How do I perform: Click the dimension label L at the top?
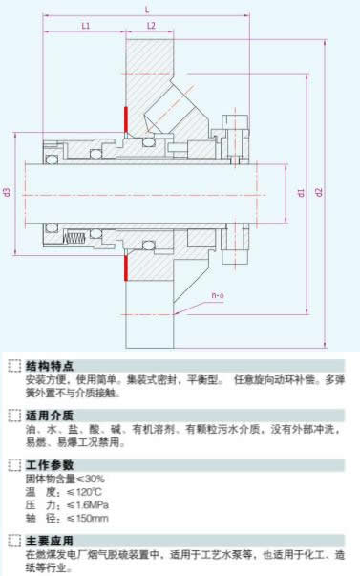[147, 10]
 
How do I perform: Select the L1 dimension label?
[86, 26]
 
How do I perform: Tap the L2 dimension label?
[151, 26]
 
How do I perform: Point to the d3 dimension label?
[7, 192]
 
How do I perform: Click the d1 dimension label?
[301, 193]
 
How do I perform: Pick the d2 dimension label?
[319, 192]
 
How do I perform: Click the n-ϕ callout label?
[218, 295]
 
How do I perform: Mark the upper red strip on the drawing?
[126, 119]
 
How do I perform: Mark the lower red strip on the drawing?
[126, 267]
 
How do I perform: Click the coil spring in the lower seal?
[74, 238]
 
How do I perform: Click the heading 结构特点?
[50, 366]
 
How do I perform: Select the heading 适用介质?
[50, 416]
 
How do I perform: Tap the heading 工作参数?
[50, 465]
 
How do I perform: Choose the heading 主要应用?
[50, 541]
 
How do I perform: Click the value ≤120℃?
[84, 492]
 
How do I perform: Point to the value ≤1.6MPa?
[88, 505]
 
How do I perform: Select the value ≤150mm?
[88, 519]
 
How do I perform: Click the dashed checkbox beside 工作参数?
[14, 465]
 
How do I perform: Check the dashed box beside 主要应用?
[14, 541]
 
